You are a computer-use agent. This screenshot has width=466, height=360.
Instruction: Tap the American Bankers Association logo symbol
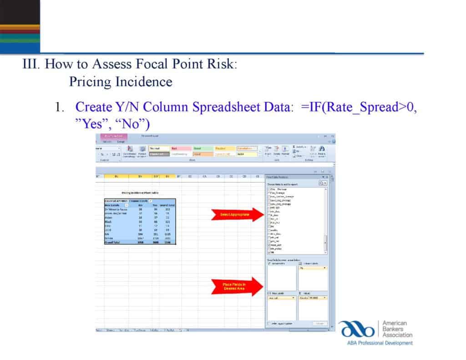[356, 329]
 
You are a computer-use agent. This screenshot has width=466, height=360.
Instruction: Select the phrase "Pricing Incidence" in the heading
[121, 82]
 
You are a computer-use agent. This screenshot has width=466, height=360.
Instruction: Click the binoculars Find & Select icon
[322, 149]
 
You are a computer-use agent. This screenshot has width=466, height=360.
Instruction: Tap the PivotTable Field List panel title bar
[291, 177]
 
